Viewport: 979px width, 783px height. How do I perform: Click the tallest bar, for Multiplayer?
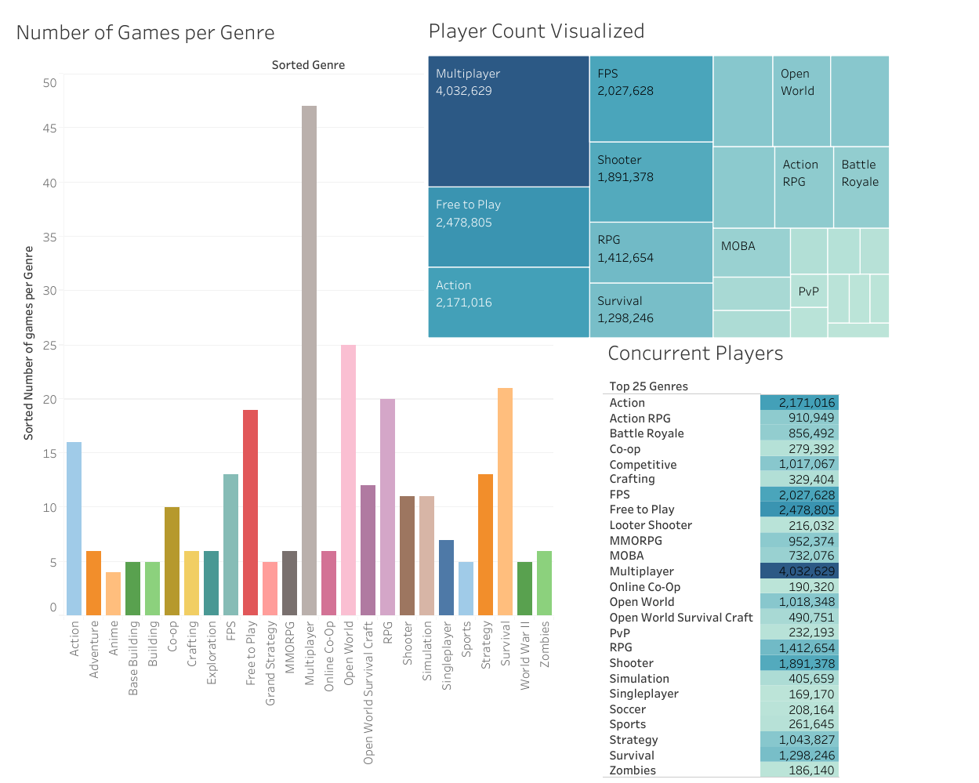[x=309, y=361]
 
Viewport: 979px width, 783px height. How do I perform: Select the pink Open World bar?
[x=348, y=480]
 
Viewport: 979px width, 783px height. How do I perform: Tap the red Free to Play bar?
[x=250, y=513]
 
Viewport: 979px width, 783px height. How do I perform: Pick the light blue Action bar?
[x=74, y=528]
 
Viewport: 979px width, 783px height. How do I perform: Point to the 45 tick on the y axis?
[x=49, y=129]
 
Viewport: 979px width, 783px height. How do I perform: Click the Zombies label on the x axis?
[x=545, y=644]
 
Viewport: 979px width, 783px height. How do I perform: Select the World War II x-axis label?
[x=525, y=655]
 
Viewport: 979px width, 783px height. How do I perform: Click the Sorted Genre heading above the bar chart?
[x=308, y=65]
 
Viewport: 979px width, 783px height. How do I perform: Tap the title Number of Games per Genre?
[x=145, y=33]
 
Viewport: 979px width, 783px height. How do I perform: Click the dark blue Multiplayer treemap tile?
[x=508, y=121]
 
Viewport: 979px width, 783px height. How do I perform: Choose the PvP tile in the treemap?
[x=808, y=292]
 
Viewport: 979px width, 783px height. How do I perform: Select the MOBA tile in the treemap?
[x=751, y=252]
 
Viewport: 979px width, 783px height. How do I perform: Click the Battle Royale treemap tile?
[x=861, y=187]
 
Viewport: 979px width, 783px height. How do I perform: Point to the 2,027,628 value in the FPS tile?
[x=625, y=91]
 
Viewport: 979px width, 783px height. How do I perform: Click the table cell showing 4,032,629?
[x=800, y=571]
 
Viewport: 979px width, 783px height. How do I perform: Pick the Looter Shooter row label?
[x=651, y=525]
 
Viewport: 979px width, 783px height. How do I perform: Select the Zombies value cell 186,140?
[x=800, y=770]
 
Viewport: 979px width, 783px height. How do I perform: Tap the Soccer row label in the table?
[x=627, y=709]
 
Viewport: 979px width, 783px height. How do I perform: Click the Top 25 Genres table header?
[x=648, y=386]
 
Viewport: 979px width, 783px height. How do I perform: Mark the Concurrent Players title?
[x=695, y=353]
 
